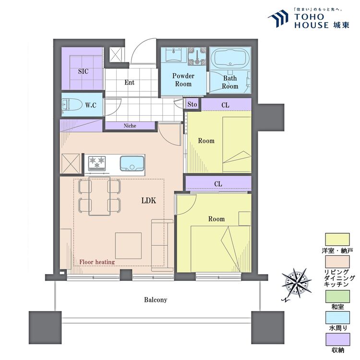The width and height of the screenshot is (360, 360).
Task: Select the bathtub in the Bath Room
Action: tap(230, 60)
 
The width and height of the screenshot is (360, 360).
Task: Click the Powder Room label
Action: tap(183, 80)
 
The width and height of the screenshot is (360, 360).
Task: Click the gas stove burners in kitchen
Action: tap(97, 163)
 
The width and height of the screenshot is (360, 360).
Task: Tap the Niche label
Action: tap(130, 126)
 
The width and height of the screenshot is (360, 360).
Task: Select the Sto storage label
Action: tap(192, 104)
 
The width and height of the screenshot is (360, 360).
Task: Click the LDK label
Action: tap(149, 201)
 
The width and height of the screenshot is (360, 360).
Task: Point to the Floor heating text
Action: tap(95, 262)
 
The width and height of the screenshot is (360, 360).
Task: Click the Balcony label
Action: tap(156, 300)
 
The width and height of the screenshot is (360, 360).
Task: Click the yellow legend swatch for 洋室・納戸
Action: tap(337, 239)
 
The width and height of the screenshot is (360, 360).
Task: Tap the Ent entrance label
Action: tap(130, 83)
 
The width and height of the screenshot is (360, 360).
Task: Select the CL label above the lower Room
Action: tap(218, 184)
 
